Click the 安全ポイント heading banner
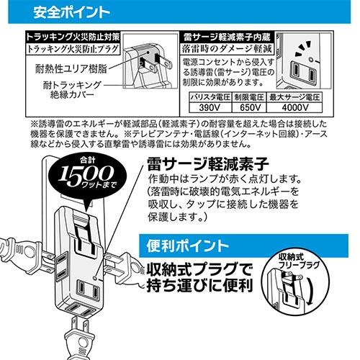tap(65, 12)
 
